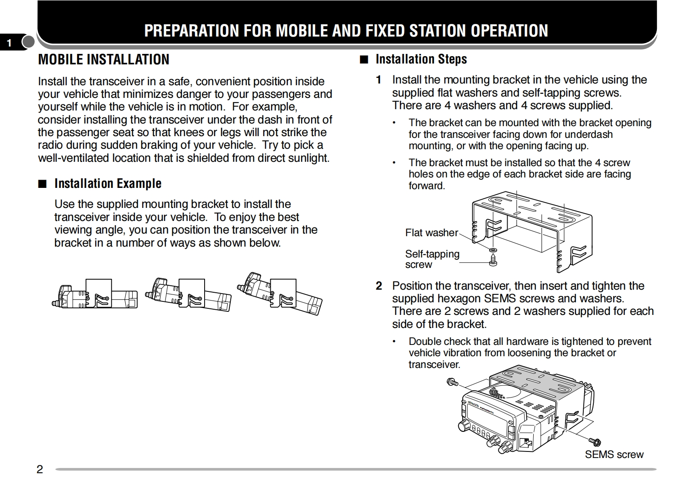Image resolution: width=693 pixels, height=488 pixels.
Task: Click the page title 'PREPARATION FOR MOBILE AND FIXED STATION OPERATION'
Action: click(346, 30)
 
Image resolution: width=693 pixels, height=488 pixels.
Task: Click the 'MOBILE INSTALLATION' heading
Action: click(104, 60)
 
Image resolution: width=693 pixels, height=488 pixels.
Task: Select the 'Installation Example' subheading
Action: click(108, 184)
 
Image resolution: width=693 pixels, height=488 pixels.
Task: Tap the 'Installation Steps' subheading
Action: click(421, 59)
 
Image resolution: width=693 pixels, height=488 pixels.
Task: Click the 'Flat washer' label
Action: click(431, 233)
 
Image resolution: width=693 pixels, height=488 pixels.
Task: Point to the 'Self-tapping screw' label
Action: click(432, 259)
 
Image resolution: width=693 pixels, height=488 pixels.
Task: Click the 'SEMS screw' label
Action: click(614, 455)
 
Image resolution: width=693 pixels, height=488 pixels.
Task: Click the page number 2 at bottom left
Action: click(40, 469)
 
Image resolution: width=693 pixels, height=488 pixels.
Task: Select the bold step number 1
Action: click(379, 80)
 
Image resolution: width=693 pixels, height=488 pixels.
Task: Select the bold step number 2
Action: click(379, 286)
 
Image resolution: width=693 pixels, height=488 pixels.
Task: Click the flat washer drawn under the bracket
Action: click(493, 251)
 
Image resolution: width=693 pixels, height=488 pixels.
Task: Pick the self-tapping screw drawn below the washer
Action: click(493, 261)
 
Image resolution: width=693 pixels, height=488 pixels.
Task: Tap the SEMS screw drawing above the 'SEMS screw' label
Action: click(595, 442)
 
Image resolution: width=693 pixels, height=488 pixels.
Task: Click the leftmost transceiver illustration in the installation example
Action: click(95, 294)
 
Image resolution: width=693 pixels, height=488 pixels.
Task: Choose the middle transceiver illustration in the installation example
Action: click(188, 294)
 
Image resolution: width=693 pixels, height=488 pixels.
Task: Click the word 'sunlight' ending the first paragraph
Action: click(309, 158)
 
